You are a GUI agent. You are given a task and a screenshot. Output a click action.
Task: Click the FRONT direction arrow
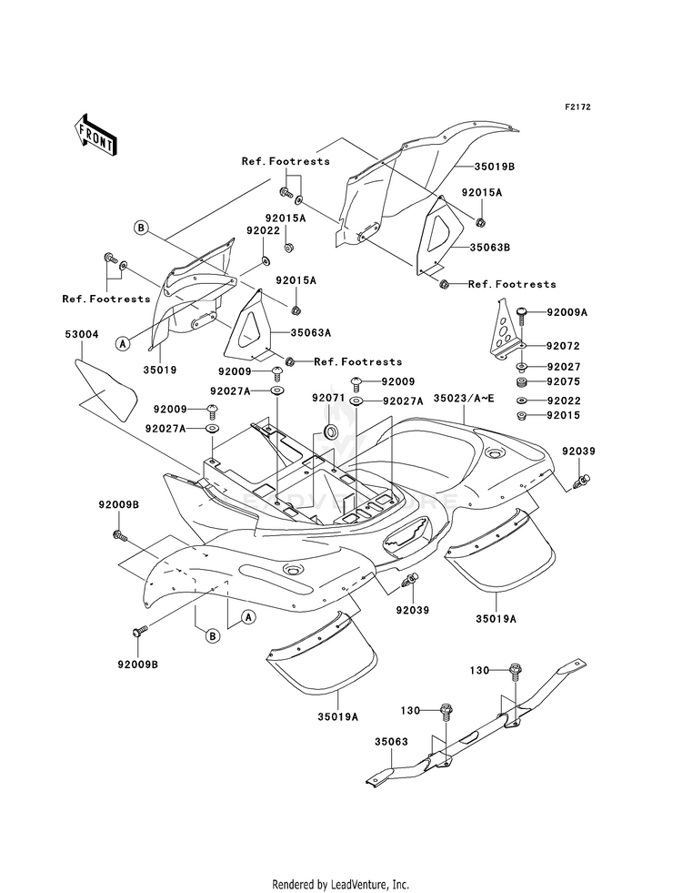point(95,135)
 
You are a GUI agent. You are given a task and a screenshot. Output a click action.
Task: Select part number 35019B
point(496,167)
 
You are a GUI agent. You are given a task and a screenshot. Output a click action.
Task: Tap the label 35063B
point(490,248)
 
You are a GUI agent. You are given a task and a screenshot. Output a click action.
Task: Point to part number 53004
point(81,334)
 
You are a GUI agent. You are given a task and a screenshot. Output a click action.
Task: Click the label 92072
point(563,346)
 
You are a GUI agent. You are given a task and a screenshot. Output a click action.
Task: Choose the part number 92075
point(564,381)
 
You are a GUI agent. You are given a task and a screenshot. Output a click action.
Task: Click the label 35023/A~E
point(464,398)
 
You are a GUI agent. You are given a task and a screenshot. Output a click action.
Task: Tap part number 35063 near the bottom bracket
point(391,742)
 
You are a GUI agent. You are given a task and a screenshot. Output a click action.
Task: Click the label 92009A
point(567,312)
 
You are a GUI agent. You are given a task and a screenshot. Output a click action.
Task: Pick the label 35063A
point(311,332)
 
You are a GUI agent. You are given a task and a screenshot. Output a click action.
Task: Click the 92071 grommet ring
point(330,431)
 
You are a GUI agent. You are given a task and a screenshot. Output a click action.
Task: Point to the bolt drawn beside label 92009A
point(521,315)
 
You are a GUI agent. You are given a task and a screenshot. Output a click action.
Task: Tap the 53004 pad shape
point(105,391)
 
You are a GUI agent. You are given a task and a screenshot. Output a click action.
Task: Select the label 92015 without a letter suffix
point(564,415)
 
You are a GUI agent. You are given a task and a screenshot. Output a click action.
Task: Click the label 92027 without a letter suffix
point(564,367)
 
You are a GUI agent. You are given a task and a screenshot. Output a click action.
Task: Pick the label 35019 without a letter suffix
point(160,370)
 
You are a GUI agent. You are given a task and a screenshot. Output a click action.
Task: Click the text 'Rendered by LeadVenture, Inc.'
point(341,884)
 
